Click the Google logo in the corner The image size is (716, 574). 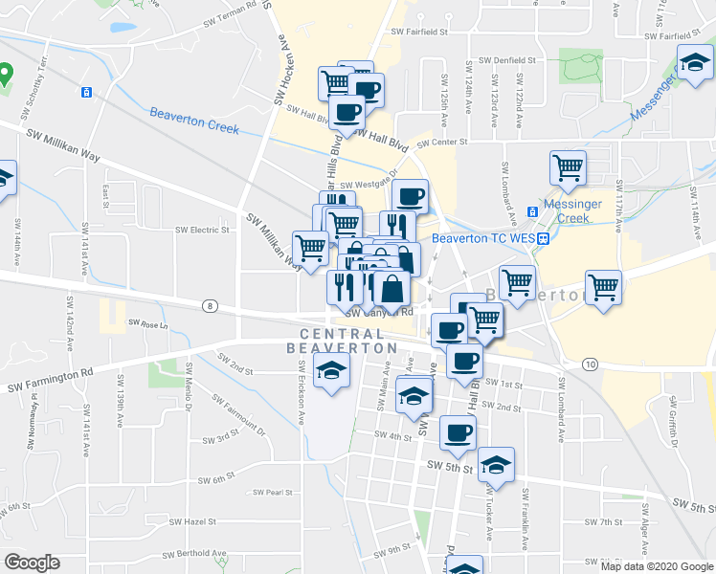point(32,563)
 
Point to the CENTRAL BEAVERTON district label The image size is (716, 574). point(334,341)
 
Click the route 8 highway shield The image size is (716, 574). point(209,306)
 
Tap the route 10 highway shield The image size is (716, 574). point(590,364)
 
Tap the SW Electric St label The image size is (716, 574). point(203,231)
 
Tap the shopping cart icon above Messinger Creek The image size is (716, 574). point(568,167)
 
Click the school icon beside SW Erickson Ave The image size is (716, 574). point(331,369)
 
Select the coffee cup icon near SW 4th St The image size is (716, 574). point(458,431)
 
